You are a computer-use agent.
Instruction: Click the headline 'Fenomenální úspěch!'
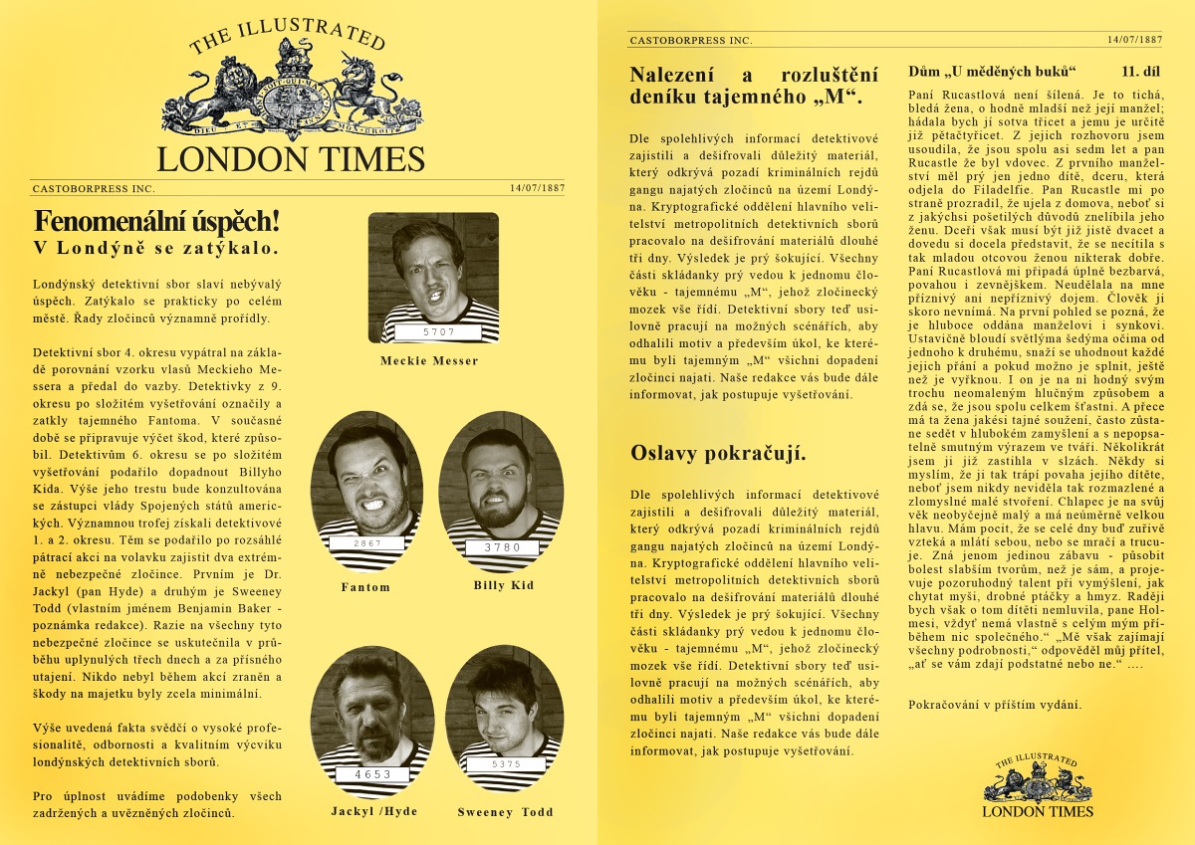pyautogui.click(x=156, y=220)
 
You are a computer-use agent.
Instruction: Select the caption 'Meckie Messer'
pyautogui.click(x=429, y=360)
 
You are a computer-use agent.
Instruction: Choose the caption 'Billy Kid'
pyautogui.click(x=503, y=585)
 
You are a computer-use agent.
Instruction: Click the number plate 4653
pyautogui.click(x=371, y=773)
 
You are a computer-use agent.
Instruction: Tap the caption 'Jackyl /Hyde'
pyautogui.click(x=374, y=811)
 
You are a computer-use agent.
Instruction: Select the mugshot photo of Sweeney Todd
pyautogui.click(x=504, y=717)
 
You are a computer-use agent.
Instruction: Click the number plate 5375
pyautogui.click(x=507, y=764)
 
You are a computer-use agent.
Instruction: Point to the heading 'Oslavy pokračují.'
pyautogui.click(x=718, y=454)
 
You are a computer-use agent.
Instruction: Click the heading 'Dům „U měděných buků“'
pyautogui.click(x=994, y=72)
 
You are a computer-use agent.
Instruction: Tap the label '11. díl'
pyautogui.click(x=1142, y=72)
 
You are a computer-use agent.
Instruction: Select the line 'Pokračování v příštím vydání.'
pyautogui.click(x=995, y=705)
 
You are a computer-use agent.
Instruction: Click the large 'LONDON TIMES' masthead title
pyautogui.click(x=291, y=159)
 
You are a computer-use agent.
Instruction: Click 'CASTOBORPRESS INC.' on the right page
pyautogui.click(x=690, y=40)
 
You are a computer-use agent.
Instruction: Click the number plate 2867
pyautogui.click(x=366, y=543)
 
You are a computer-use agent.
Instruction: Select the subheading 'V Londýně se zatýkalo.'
pyautogui.click(x=155, y=247)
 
